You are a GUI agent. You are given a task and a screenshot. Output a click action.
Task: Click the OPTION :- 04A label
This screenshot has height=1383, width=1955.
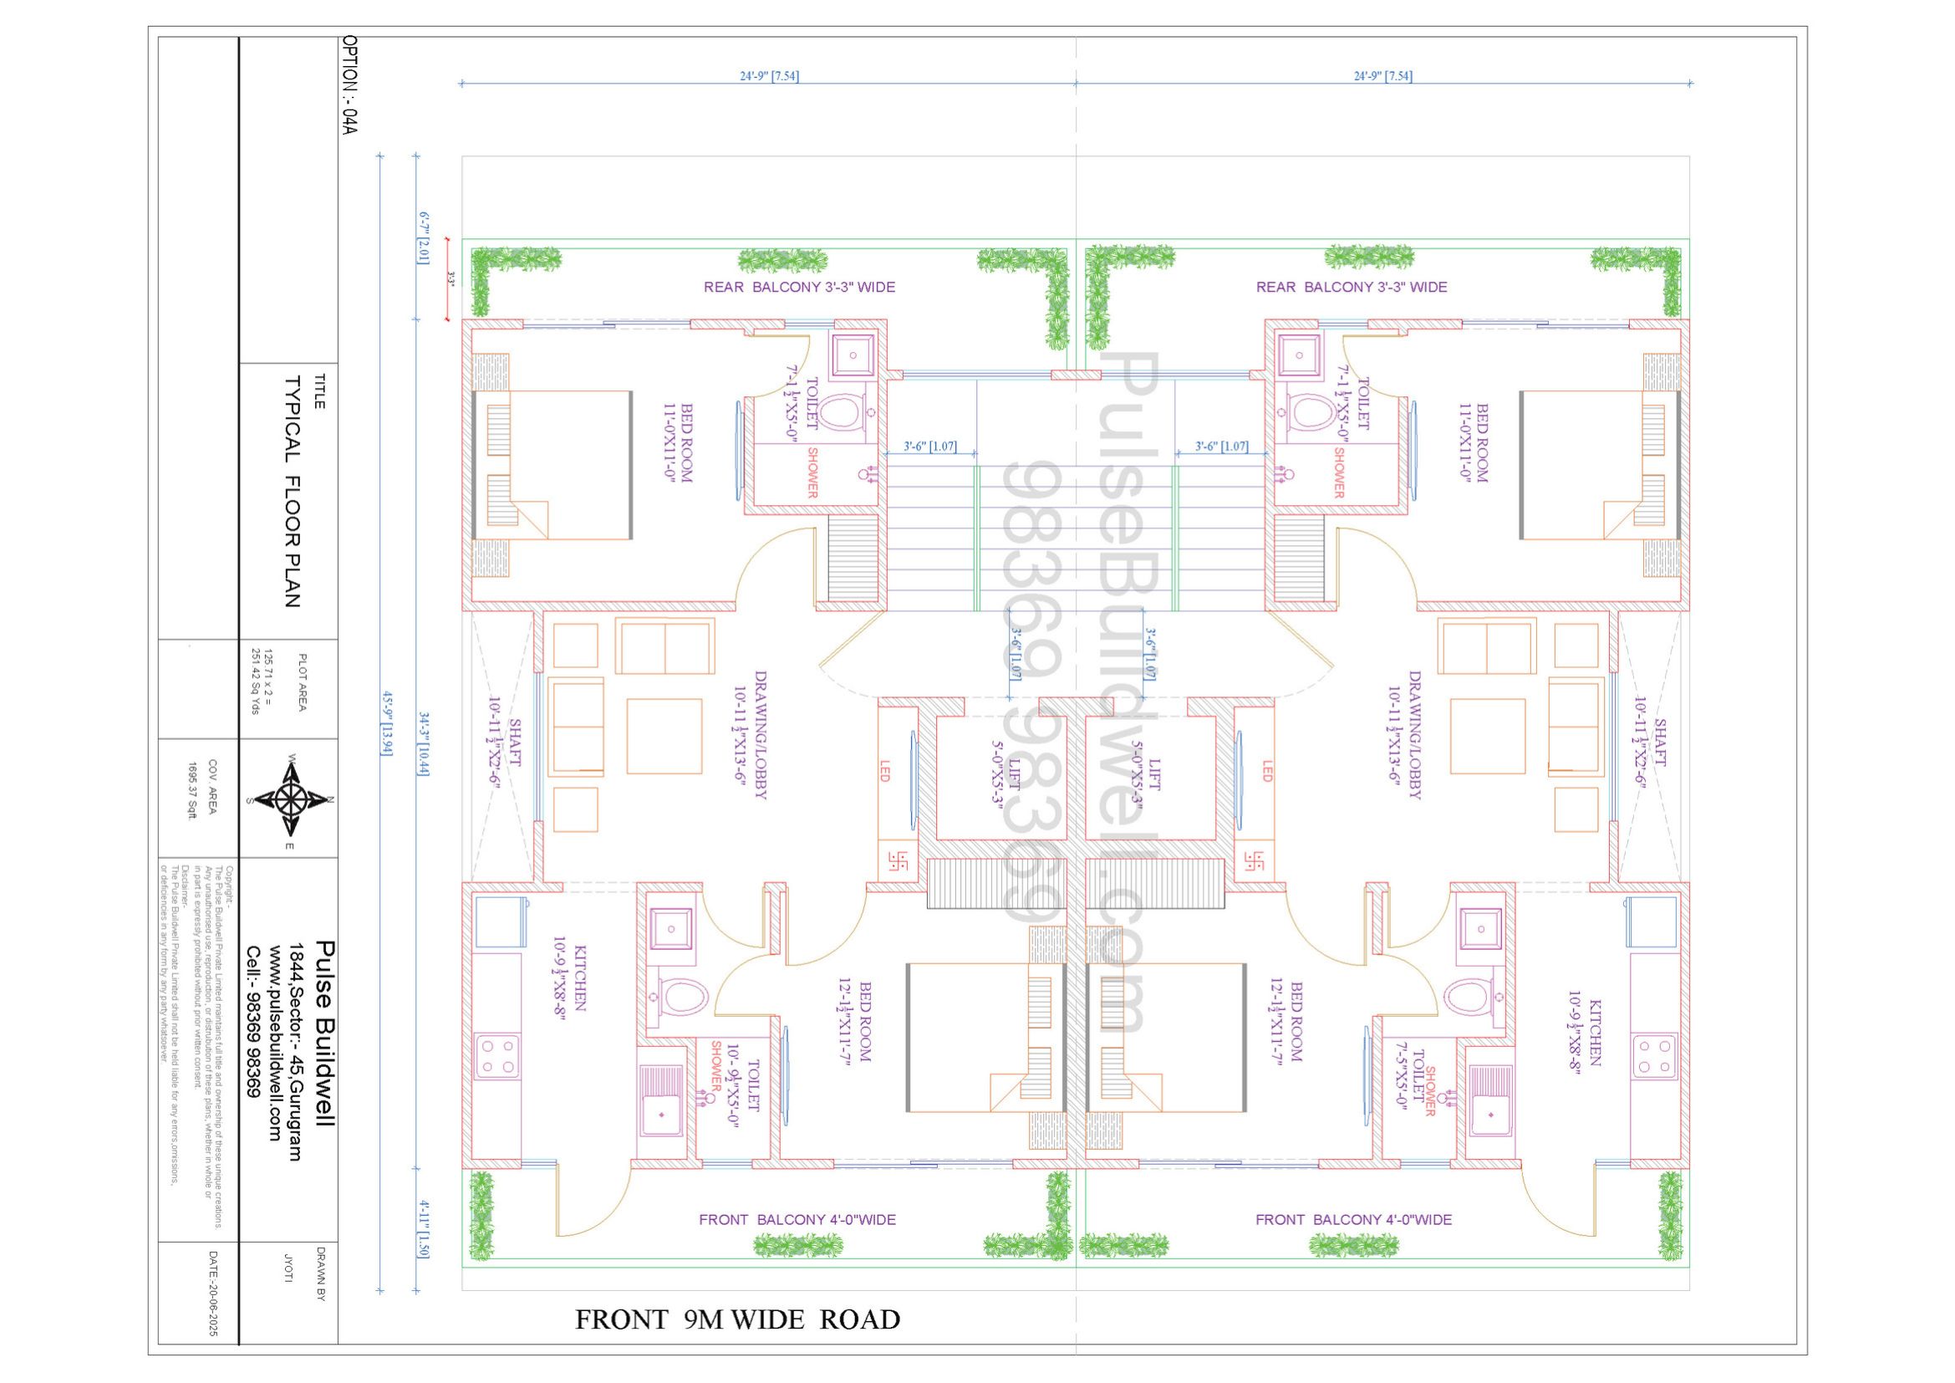(349, 85)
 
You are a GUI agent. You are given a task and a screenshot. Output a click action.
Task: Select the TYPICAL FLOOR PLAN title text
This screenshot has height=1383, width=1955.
(292, 492)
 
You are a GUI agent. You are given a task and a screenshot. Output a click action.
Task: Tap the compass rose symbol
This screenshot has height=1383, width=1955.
(291, 799)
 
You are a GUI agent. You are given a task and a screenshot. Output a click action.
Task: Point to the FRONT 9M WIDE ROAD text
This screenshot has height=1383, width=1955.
(737, 1319)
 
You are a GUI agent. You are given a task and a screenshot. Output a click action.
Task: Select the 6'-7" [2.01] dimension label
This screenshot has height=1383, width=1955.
(423, 238)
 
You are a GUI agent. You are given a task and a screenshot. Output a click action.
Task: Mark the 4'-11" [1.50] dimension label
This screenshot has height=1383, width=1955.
(423, 1229)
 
